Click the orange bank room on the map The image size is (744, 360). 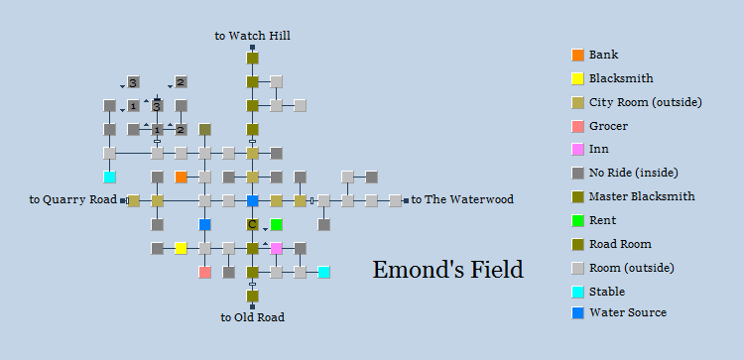pos(181,177)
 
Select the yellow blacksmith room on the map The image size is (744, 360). pos(181,248)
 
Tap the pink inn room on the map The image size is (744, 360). pos(276,248)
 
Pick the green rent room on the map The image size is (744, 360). pos(276,224)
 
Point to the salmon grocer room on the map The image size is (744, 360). pos(204,272)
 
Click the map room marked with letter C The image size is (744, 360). pos(252,224)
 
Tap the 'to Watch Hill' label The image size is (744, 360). pos(252,36)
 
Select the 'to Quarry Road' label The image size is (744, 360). pos(72,199)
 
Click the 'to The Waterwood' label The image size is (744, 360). pos(462,199)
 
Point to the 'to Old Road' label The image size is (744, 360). pos(252,317)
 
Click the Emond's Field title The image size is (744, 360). pos(447,269)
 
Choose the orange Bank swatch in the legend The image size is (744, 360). pos(577,55)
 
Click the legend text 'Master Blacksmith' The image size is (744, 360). pos(636,196)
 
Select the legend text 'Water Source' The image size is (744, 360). pos(627,312)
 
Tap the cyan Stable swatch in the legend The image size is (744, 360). pos(577,290)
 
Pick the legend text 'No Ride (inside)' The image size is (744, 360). pos(632,173)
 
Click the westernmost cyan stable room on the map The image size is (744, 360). pos(109,177)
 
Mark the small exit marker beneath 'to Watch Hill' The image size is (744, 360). pos(252,47)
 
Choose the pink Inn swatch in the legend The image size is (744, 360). pos(577,149)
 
